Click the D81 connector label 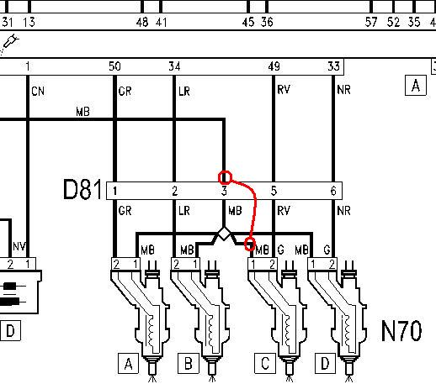(82, 190)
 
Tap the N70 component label (401, 331)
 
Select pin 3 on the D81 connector (224, 191)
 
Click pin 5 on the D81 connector (274, 191)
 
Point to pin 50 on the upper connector (114, 66)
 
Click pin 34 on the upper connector (174, 66)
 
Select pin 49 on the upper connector (274, 66)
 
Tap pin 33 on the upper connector (333, 66)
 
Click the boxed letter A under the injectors (128, 364)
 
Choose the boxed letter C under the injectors (265, 364)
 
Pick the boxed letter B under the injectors (189, 364)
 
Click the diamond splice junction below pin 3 (224, 234)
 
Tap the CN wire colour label (38, 92)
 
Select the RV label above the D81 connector (284, 90)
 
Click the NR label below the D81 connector (343, 211)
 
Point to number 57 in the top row (371, 22)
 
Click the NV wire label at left (19, 246)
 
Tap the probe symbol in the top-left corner (10, 42)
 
